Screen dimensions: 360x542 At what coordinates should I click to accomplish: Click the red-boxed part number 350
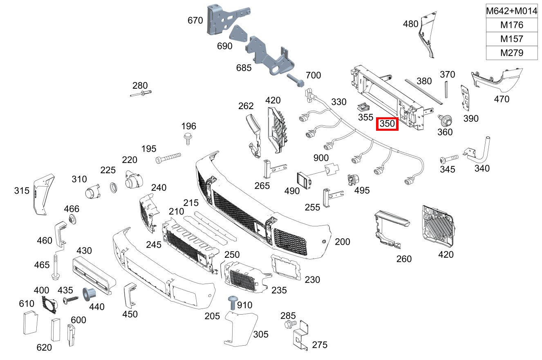[387, 124]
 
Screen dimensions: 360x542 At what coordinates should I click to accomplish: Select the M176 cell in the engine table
[511, 25]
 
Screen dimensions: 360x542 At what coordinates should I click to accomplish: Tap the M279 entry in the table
[511, 53]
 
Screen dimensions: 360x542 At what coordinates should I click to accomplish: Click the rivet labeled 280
[141, 94]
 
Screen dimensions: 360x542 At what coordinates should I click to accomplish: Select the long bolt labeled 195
[168, 158]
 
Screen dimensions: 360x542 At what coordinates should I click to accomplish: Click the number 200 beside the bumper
[342, 242]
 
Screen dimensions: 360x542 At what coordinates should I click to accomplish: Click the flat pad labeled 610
[29, 323]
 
